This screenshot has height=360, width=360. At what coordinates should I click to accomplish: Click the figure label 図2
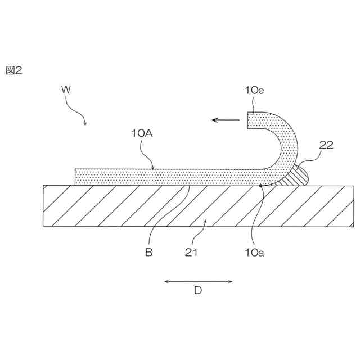pos(14,70)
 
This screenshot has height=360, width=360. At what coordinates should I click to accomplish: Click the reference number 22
pos(326,145)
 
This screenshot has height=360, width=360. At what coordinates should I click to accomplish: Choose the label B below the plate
pos(148,253)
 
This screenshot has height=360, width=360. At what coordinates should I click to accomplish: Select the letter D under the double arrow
pos(198,291)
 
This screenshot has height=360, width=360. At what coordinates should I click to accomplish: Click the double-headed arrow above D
pos(198,281)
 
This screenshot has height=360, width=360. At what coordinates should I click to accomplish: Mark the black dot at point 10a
pos(260,184)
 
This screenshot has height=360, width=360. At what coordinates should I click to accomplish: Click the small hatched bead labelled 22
pos(299,175)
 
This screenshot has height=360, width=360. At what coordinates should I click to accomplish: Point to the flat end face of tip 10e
pos(248,120)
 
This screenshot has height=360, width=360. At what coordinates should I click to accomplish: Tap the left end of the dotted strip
pos(76,176)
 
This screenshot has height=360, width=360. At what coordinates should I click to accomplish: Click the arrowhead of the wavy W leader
pos(85,124)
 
